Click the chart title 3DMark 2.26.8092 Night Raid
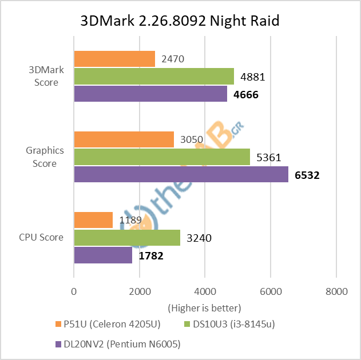(x=180, y=21)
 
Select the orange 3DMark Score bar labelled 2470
(x=114, y=59)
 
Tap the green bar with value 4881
(x=153, y=76)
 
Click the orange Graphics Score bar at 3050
(x=124, y=139)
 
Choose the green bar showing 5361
(x=161, y=157)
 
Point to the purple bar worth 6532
(x=181, y=174)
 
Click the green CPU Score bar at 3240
(x=126, y=238)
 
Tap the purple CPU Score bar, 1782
(x=102, y=255)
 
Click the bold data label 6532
(x=307, y=175)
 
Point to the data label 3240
(x=199, y=238)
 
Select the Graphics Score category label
(x=45, y=157)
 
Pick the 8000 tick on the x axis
(x=336, y=291)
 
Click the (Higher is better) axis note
(x=204, y=307)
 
